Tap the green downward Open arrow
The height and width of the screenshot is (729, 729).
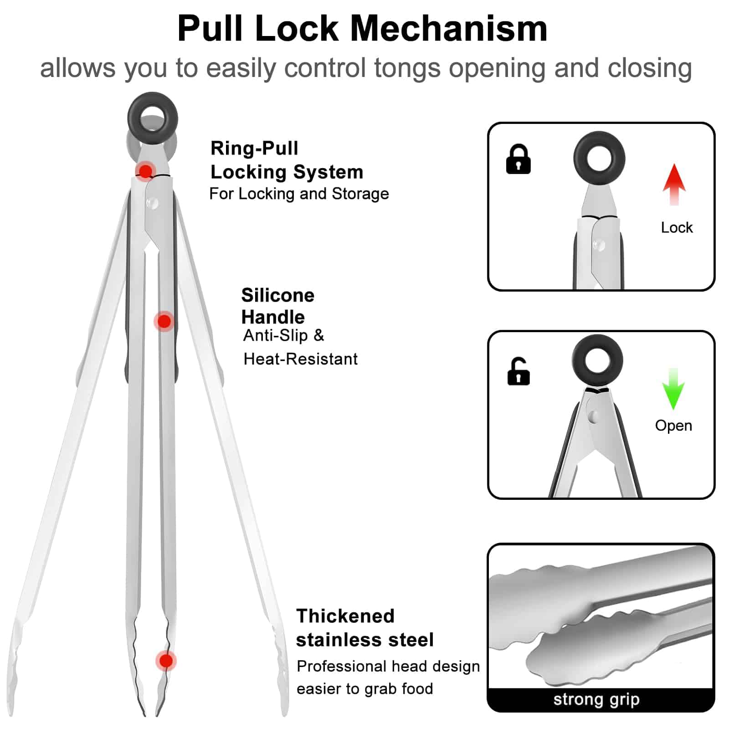point(673,389)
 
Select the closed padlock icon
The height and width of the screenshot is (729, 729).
point(518,159)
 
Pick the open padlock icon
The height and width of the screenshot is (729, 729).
point(519,371)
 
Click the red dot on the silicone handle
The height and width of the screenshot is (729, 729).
point(164,321)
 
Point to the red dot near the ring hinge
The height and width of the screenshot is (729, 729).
point(145,171)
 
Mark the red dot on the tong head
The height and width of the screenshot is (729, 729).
point(166,661)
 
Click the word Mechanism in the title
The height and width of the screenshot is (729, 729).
point(448,28)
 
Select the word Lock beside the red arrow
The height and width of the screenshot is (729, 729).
point(677,227)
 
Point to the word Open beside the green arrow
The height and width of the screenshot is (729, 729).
point(673,426)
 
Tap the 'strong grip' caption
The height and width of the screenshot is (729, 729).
point(596,699)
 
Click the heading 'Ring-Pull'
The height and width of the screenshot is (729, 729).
point(254,148)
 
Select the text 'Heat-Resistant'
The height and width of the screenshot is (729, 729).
point(300,359)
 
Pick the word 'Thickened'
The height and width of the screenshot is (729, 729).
point(345,616)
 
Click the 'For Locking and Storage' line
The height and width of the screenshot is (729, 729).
point(299,194)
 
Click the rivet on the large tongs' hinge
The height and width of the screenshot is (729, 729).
point(152,202)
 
